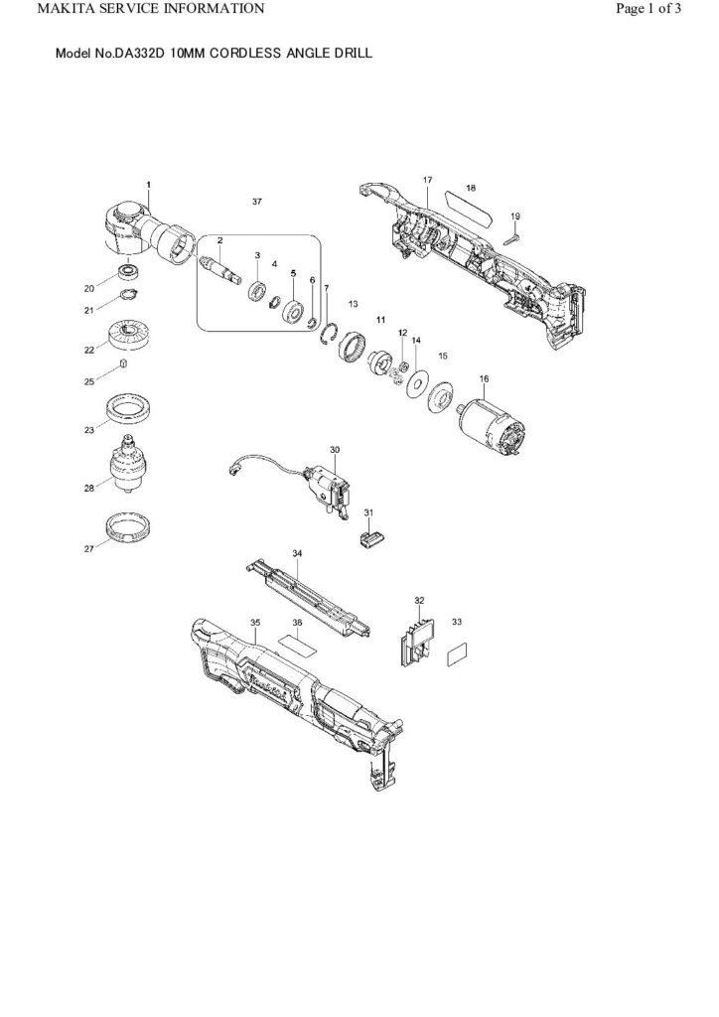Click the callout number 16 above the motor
click(x=485, y=378)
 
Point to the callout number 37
click(x=257, y=202)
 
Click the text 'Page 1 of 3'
click(x=648, y=8)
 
